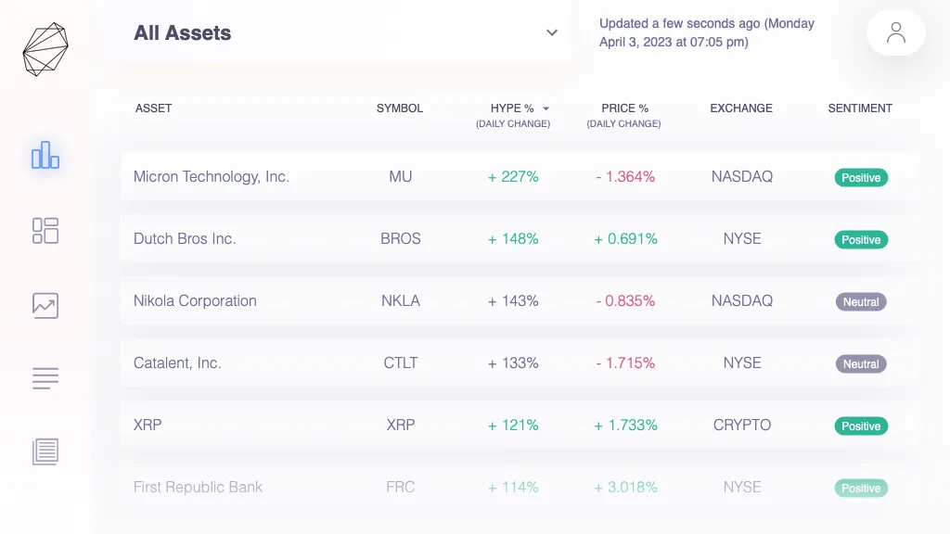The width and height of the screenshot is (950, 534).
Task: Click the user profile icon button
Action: pos(895,33)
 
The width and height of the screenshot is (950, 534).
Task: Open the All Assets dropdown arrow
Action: pos(552,33)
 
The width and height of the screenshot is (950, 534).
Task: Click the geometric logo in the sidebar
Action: pos(45,49)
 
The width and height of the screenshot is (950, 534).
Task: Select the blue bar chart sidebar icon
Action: pos(45,156)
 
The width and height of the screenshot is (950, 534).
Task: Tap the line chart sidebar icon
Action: pos(45,305)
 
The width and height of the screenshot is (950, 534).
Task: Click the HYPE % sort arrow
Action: pos(546,108)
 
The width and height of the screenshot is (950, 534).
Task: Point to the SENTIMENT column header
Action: pos(860,108)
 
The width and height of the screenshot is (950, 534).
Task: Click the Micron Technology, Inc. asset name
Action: pos(212,176)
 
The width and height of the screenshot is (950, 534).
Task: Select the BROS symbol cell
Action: pos(401,238)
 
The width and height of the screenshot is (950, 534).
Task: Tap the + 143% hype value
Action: pos(513,300)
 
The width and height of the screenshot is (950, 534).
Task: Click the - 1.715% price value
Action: pos(625,362)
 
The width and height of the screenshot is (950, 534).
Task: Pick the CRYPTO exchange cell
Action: pos(742,425)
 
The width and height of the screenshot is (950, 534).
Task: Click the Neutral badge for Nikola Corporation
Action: pos(861,301)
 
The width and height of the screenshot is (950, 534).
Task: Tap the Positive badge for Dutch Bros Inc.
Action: pos(861,239)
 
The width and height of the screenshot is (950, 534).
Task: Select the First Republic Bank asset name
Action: pos(198,487)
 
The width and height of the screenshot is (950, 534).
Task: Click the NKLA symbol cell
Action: pos(401,300)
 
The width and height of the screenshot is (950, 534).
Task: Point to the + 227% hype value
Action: pos(513,176)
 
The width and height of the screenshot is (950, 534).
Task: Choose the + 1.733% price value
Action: pos(625,425)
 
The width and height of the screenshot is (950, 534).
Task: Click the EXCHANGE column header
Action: pos(741,108)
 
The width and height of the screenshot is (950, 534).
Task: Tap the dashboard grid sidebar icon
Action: pos(45,231)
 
